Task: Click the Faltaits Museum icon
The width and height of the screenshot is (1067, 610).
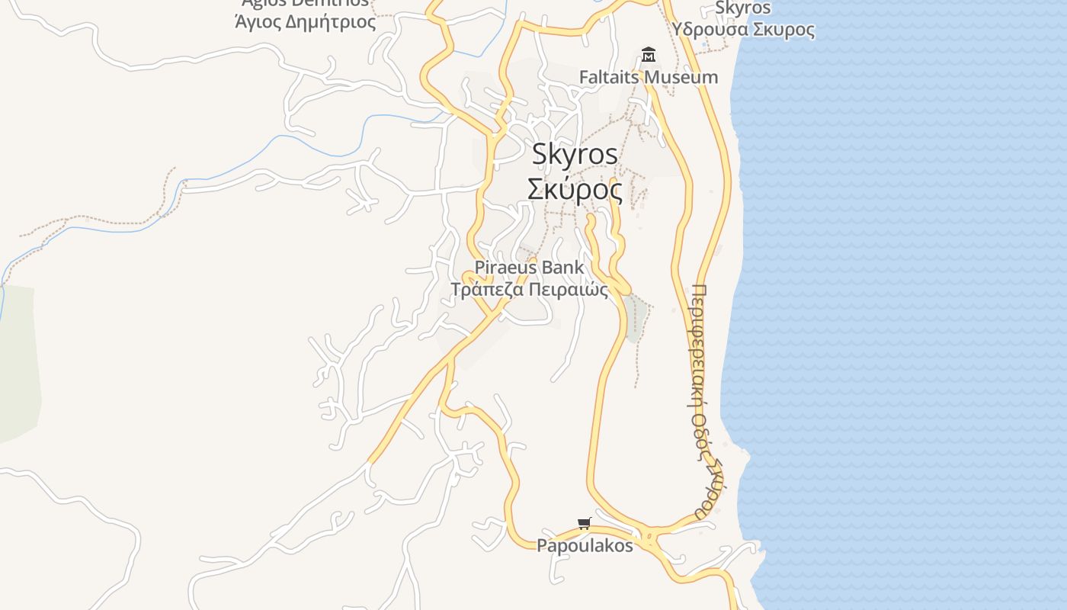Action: point(649,54)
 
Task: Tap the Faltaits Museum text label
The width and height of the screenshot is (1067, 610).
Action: point(648,77)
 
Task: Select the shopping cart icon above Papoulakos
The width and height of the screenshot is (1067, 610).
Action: point(585,523)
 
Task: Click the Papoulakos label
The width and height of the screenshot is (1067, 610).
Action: point(585,546)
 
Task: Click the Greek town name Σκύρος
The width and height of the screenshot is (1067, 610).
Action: point(575,189)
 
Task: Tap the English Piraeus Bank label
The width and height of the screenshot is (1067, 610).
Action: point(529,268)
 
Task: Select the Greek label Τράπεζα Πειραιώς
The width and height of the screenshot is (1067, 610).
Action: point(529,290)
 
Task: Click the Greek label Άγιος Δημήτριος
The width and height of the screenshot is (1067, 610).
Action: point(305,22)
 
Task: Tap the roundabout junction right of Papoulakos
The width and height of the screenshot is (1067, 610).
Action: point(649,537)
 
